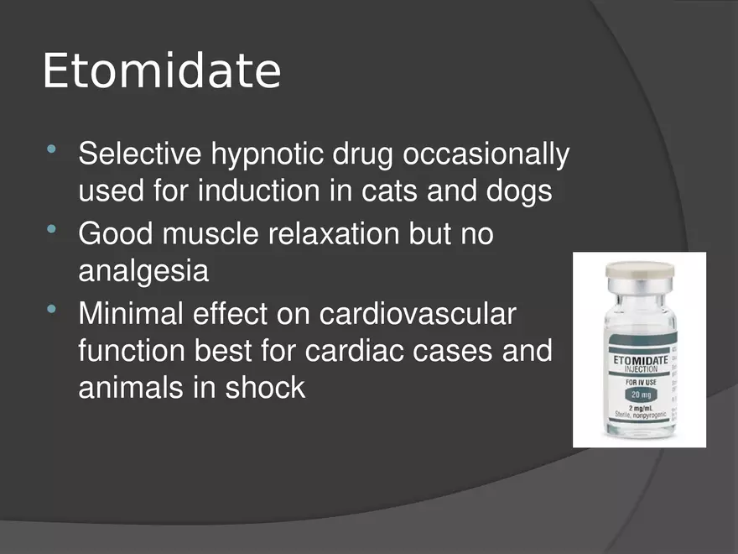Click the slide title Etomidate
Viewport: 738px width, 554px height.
(161, 71)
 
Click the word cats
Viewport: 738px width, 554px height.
(390, 191)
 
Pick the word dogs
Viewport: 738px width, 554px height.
(519, 192)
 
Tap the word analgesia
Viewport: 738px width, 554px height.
(143, 271)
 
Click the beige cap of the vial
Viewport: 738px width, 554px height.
(640, 270)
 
